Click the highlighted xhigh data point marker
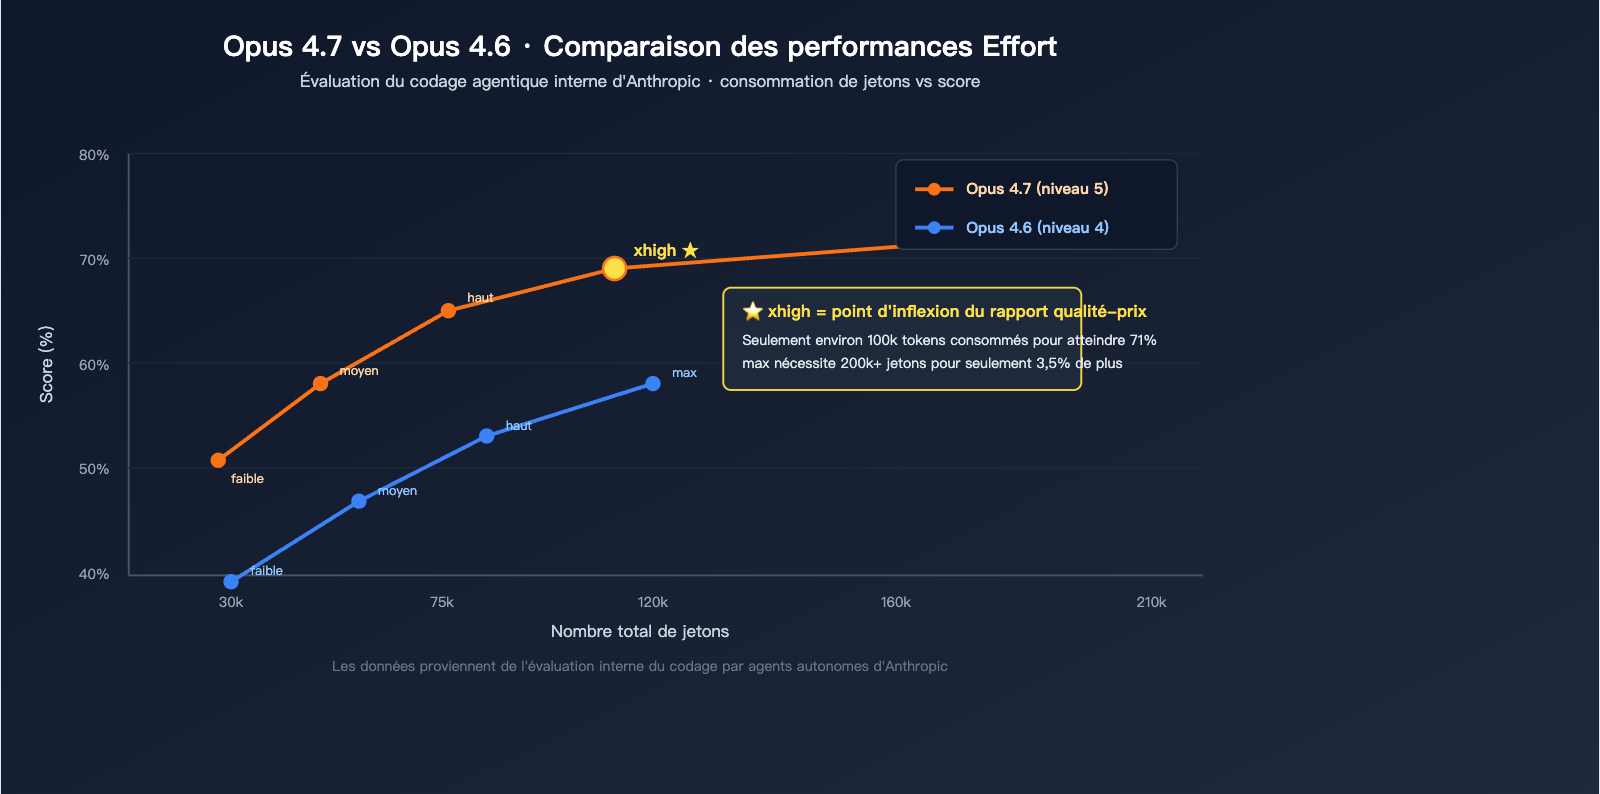coord(614,268)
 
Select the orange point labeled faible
coord(218,460)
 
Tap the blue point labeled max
coord(652,383)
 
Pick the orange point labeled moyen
coord(320,383)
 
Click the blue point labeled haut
coord(486,436)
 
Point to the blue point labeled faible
coord(231,581)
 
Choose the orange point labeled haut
coord(448,311)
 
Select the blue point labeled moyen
coord(358,501)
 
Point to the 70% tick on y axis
coord(94,260)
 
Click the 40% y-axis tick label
coord(94,574)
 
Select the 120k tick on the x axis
coord(652,602)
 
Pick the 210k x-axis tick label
coord(1151,602)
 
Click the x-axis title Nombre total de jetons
coord(640,631)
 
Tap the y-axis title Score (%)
coord(46,364)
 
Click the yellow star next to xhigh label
coord(690,250)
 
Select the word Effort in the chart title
coord(1019,46)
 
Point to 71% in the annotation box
coord(1142,340)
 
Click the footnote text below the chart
coord(640,666)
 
